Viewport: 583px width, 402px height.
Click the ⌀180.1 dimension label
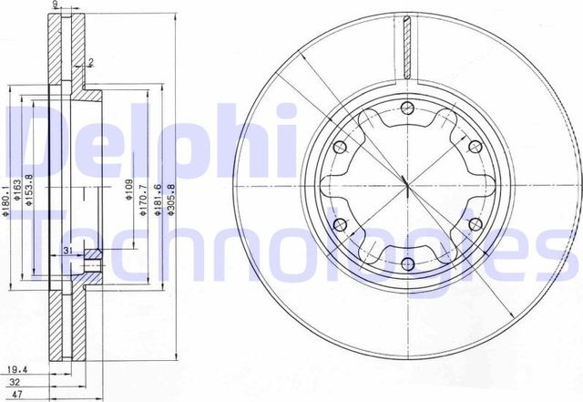(x=6, y=201)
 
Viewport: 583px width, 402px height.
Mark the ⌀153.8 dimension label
(x=29, y=191)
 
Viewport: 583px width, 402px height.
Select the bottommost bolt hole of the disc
(x=407, y=263)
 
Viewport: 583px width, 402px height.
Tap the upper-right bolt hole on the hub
(x=474, y=148)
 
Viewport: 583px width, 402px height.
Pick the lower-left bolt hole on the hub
(x=341, y=225)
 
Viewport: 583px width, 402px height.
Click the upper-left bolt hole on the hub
(x=341, y=148)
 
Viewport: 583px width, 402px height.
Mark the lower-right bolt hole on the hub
(x=474, y=225)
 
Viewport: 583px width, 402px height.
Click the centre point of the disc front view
(x=407, y=186)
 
